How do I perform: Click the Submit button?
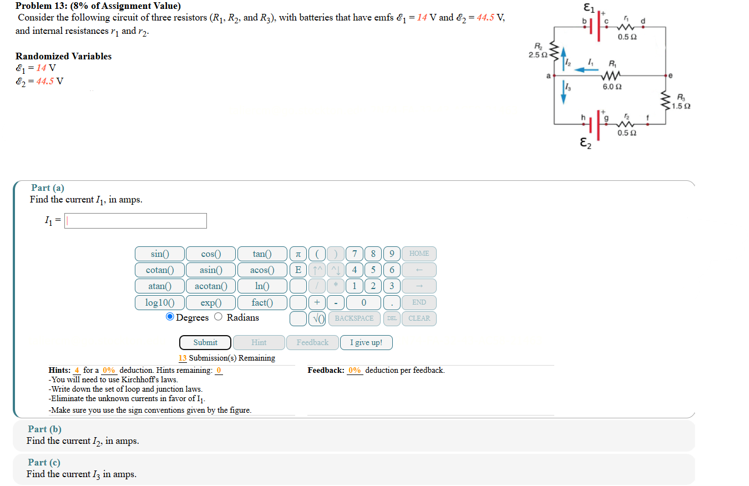[205, 342]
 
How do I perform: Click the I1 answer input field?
[136, 221]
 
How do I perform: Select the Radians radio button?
[219, 317]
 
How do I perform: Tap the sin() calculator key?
[159, 254]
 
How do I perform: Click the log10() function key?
[159, 303]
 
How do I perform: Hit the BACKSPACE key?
[355, 318]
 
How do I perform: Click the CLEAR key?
[419, 318]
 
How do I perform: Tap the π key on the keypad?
[298, 254]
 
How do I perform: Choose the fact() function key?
[262, 303]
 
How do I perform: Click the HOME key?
[419, 254]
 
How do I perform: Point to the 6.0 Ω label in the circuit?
[611, 87]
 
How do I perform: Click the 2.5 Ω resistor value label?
[538, 55]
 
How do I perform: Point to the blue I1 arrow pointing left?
[586, 69]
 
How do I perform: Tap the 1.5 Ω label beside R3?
[682, 106]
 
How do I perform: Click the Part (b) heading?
[45, 429]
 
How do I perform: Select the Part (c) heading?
[44, 463]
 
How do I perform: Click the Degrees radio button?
[170, 317]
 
